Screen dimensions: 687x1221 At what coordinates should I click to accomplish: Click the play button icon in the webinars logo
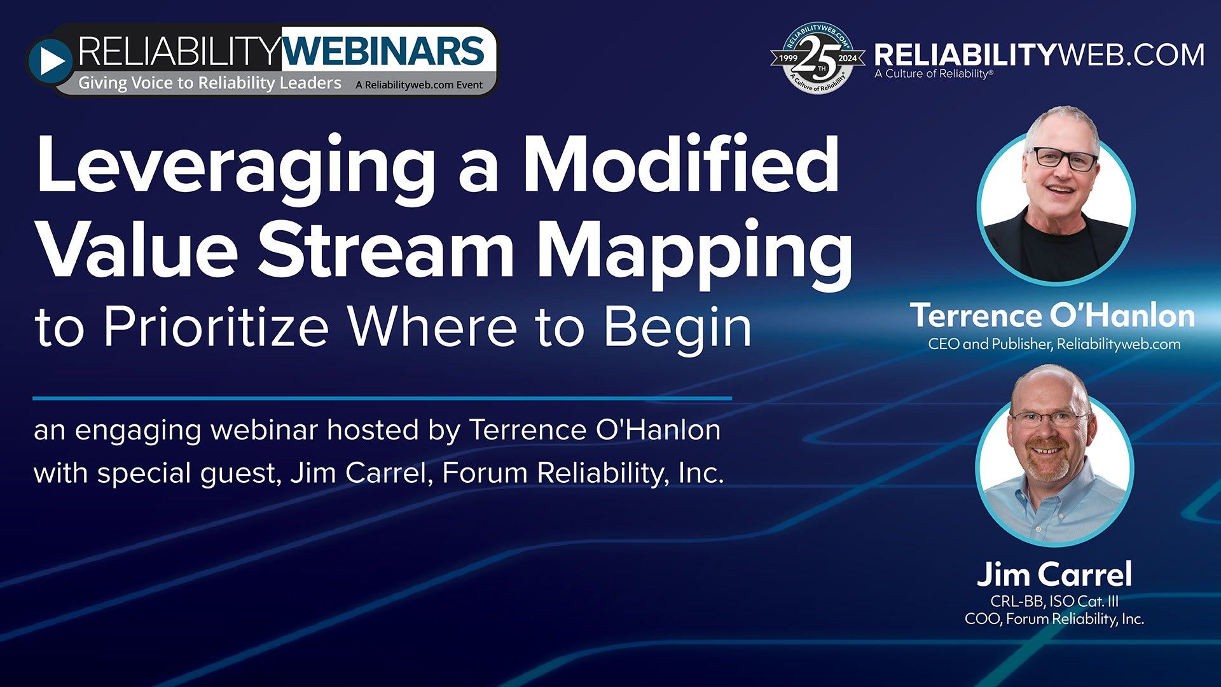pyautogui.click(x=52, y=61)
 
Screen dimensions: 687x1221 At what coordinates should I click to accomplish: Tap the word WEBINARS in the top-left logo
pyautogui.click(x=383, y=52)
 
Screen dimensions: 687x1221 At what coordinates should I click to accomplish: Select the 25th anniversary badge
pyautogui.click(x=818, y=59)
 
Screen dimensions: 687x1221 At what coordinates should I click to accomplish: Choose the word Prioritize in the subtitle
pyautogui.click(x=216, y=327)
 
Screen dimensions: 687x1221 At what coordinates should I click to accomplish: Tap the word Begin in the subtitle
pyautogui.click(x=677, y=328)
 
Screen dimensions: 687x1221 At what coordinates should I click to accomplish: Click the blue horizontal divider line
pyautogui.click(x=382, y=399)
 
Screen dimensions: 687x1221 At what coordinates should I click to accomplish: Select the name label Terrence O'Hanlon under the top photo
pyautogui.click(x=1052, y=316)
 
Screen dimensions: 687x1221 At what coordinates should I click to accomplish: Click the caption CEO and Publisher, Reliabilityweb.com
pyautogui.click(x=1054, y=344)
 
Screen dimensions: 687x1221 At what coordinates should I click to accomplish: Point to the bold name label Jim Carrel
pyautogui.click(x=1054, y=574)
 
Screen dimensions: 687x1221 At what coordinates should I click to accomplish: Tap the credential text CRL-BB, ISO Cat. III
pyautogui.click(x=1054, y=601)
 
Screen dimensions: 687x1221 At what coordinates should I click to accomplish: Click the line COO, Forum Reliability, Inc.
pyautogui.click(x=1054, y=619)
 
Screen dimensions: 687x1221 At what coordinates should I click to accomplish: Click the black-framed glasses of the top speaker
pyautogui.click(x=1063, y=158)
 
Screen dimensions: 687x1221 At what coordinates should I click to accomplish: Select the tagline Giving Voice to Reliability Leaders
pyautogui.click(x=210, y=83)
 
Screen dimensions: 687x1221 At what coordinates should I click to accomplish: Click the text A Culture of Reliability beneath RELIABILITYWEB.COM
pyautogui.click(x=932, y=74)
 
